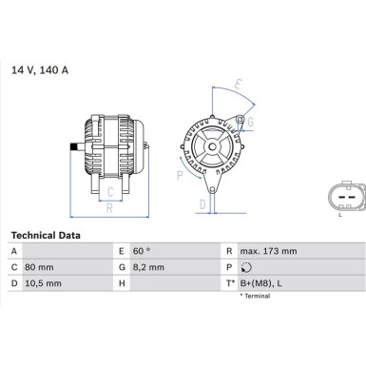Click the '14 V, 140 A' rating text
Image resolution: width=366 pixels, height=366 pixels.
[40, 68]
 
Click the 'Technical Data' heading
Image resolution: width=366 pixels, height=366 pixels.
[45, 234]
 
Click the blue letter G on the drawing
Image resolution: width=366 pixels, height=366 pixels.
[250, 121]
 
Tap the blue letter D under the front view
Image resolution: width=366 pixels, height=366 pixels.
[202, 202]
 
